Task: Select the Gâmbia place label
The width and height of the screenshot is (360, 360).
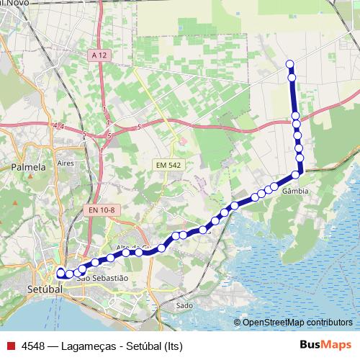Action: pyautogui.click(x=295, y=192)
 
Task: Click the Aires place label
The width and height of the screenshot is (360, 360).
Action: pyautogui.click(x=66, y=164)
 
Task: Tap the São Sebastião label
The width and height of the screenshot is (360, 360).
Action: pyautogui.click(x=107, y=277)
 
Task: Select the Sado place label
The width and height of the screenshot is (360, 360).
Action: pyautogui.click(x=184, y=305)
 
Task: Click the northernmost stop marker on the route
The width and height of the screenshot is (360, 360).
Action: pyautogui.click(x=290, y=63)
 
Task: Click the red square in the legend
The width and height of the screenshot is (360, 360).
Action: pyautogui.click(x=10, y=346)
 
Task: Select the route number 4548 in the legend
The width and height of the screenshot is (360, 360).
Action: pyautogui.click(x=33, y=346)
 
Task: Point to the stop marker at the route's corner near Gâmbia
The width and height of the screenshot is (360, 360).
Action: pyautogui.click(x=296, y=175)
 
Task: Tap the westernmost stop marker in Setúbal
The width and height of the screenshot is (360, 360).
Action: pyautogui.click(x=60, y=273)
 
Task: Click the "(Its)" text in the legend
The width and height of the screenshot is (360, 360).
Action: pyautogui.click(x=173, y=346)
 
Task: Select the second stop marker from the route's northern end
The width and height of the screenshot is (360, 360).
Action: pyautogui.click(x=292, y=77)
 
